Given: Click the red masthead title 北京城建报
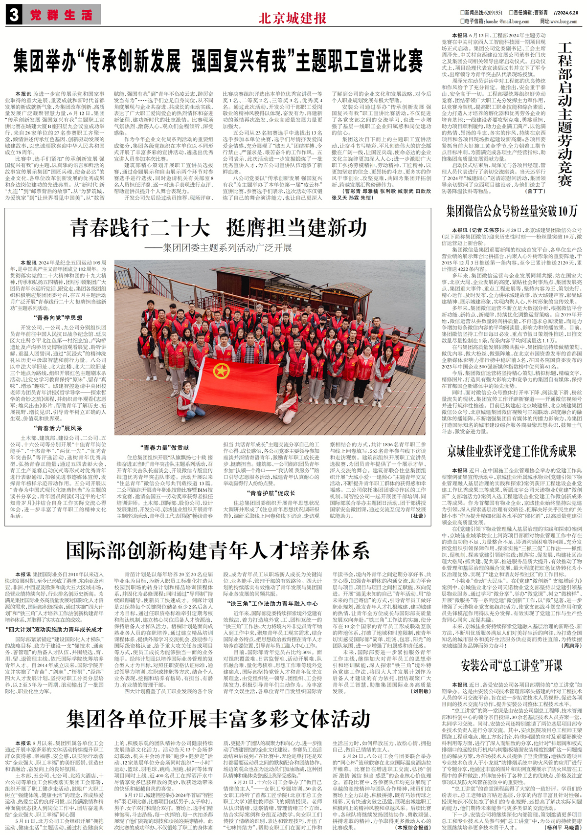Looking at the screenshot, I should click(x=293, y=19).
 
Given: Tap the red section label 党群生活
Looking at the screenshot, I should click(x=61, y=15).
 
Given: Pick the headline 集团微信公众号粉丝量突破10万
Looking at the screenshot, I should click(x=512, y=211).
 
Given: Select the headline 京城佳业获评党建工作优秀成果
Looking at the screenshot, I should click(x=512, y=451).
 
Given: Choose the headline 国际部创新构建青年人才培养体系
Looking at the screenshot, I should click(x=218, y=550).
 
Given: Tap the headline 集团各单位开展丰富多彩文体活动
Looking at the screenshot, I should click(x=218, y=719).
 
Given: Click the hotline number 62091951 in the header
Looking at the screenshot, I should click(x=491, y=12).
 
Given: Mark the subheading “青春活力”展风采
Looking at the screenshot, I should click(x=58, y=428).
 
